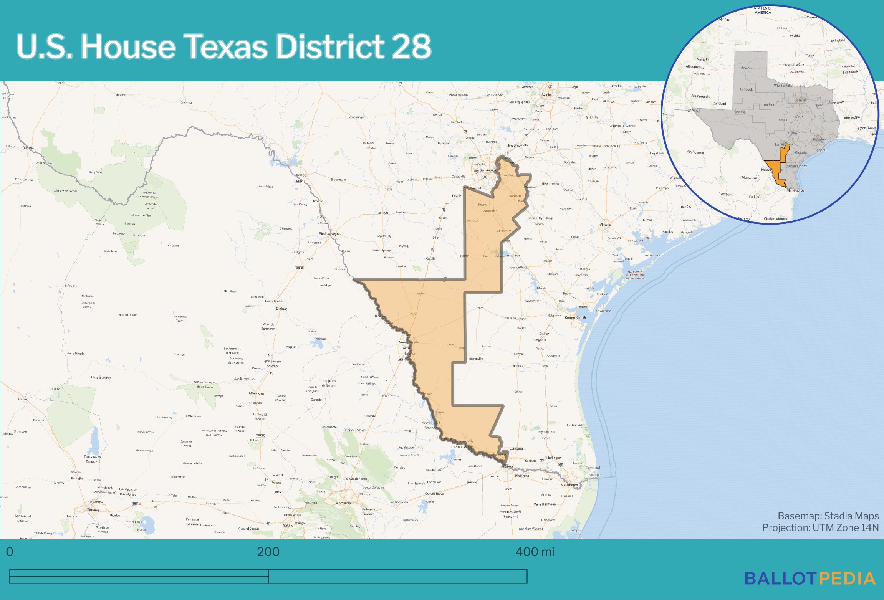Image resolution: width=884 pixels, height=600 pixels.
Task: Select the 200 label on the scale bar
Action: click(268, 552)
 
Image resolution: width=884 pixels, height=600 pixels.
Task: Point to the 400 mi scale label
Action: click(535, 552)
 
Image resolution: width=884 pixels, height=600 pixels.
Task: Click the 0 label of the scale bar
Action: click(10, 552)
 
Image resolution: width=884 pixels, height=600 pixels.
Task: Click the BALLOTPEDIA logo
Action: click(810, 579)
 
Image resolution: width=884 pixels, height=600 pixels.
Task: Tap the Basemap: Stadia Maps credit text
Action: click(828, 516)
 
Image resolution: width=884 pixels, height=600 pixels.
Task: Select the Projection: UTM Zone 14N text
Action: click(820, 528)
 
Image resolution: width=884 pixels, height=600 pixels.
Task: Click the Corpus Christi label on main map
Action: click(575, 317)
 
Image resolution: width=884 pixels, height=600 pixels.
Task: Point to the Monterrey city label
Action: click(343, 503)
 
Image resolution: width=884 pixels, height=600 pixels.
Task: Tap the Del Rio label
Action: click(301, 175)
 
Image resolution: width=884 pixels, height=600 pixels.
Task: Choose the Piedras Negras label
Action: click(330, 233)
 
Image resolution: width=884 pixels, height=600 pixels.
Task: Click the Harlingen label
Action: click(553, 458)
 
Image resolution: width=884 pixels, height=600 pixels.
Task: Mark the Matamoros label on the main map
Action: click(569, 485)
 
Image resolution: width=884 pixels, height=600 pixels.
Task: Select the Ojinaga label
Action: click(28, 148)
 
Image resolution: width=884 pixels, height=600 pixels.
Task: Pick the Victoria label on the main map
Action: click(605, 225)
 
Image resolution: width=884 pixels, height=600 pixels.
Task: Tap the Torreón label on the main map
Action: click(93, 510)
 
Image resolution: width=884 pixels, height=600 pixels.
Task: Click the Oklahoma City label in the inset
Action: click(793, 64)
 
